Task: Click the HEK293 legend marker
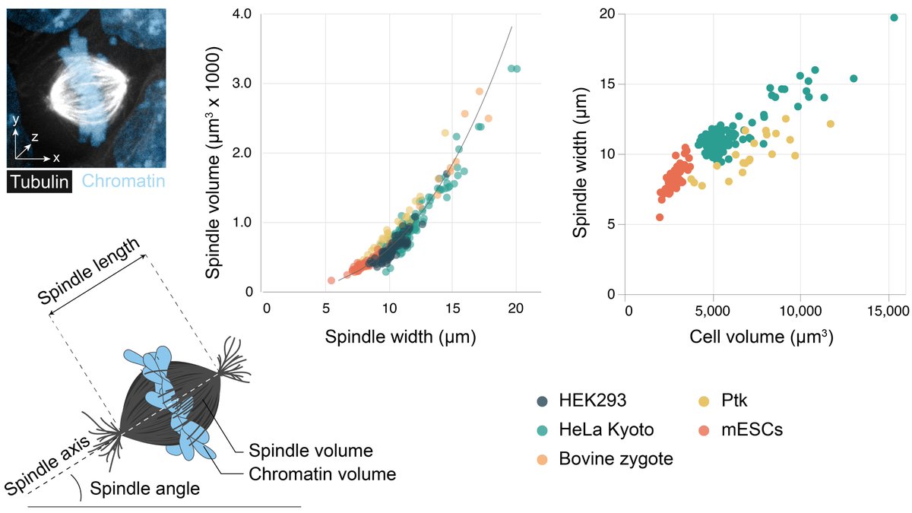click(543, 401)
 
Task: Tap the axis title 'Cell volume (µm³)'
click(760, 337)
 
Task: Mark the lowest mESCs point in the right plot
click(660, 217)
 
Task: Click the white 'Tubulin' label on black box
click(40, 181)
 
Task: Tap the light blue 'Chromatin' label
click(123, 181)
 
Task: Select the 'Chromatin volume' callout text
click(322, 474)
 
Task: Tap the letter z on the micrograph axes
click(35, 137)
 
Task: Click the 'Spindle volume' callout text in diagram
click(301, 449)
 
